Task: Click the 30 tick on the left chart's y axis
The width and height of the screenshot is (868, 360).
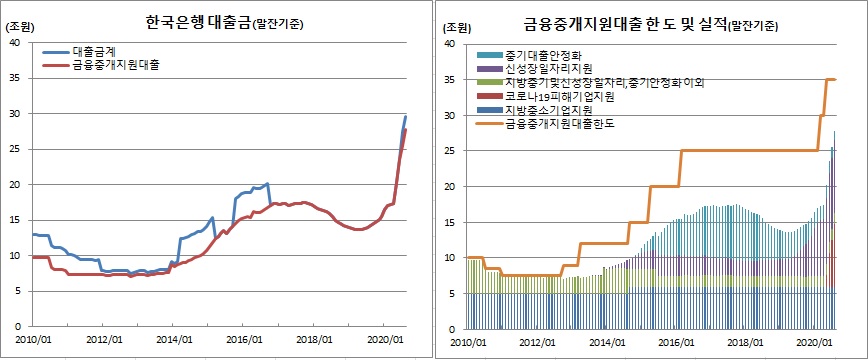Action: tap(14, 113)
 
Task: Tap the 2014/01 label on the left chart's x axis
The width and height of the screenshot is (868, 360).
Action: tap(174, 340)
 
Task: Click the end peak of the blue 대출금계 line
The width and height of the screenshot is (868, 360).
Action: tap(405, 117)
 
